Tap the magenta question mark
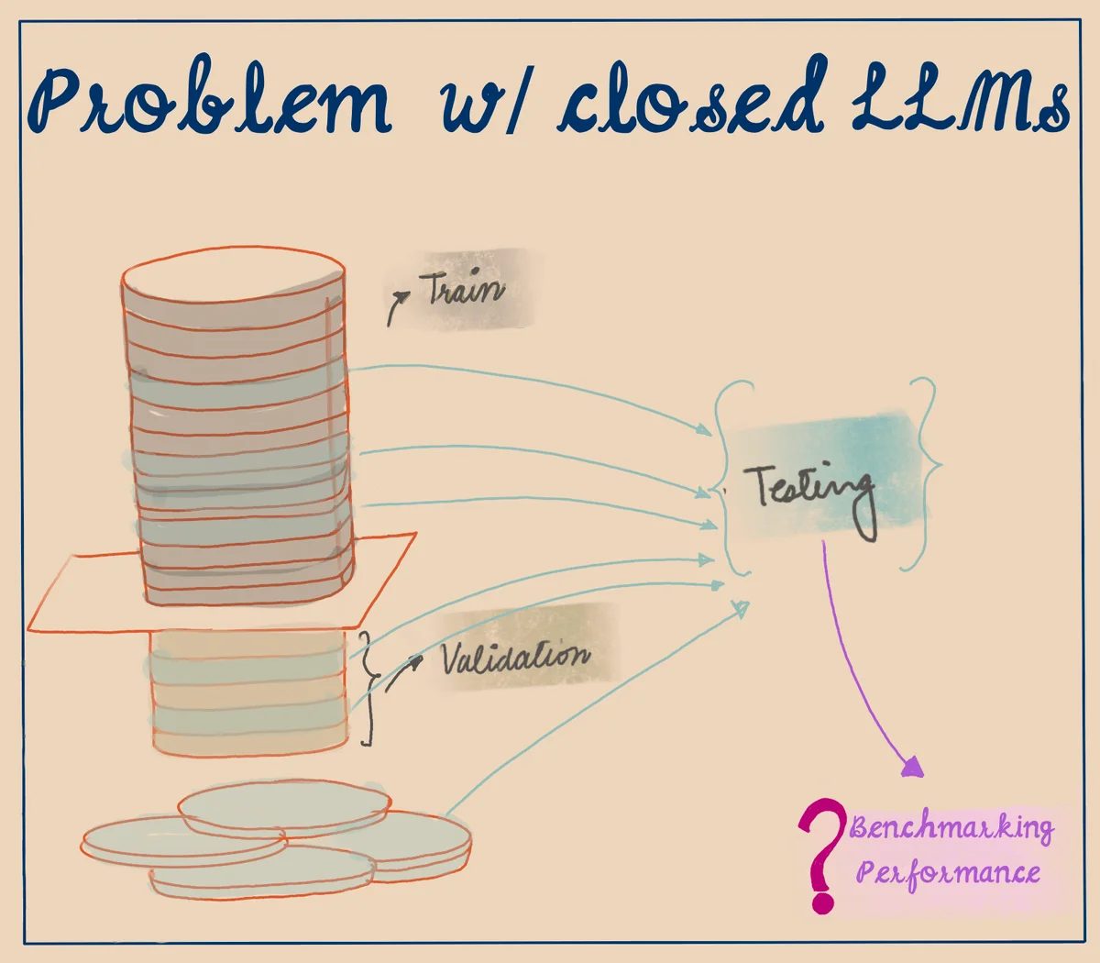click(821, 853)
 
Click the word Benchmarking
click(951, 828)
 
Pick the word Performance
click(948, 871)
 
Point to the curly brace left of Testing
click(729, 477)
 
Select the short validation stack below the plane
click(249, 692)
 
